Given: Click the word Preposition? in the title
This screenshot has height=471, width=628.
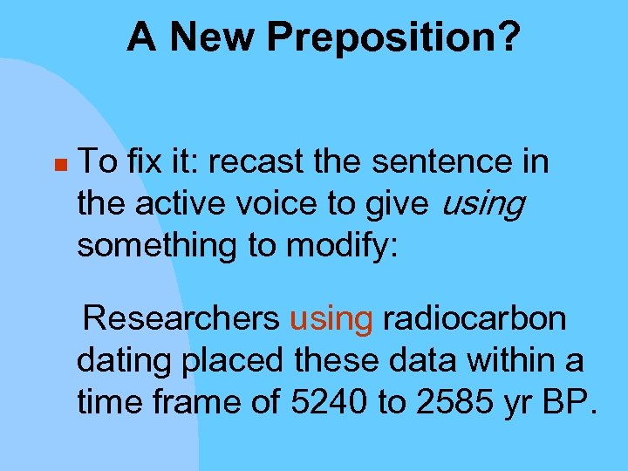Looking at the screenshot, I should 394,38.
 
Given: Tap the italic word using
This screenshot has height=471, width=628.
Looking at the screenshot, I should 483,205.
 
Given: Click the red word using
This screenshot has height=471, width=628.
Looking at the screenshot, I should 331,320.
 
